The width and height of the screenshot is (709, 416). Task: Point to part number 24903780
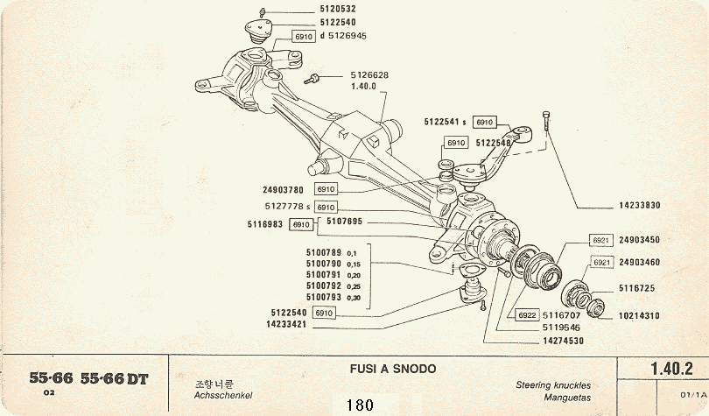pyautogui.click(x=282, y=188)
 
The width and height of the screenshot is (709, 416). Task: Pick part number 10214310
pyautogui.click(x=641, y=316)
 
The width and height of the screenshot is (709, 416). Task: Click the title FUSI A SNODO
pyautogui.click(x=386, y=369)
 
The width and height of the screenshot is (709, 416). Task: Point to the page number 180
pyautogui.click(x=359, y=405)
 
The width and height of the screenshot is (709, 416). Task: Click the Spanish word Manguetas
pyautogui.click(x=561, y=397)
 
